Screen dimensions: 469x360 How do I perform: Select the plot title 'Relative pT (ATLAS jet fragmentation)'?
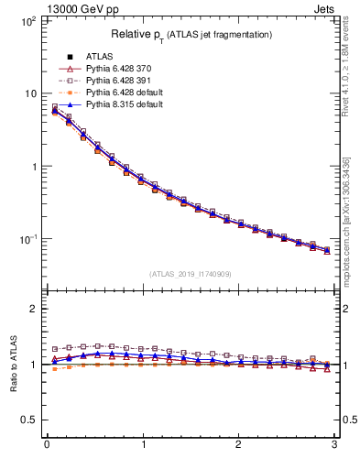tap(192, 34)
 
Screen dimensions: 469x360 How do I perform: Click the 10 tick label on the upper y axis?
tap(29, 93)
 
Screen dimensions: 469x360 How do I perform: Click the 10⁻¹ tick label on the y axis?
tap(27, 239)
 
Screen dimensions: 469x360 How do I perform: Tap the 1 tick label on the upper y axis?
tap(33, 167)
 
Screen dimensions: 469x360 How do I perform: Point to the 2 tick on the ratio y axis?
tap(33, 309)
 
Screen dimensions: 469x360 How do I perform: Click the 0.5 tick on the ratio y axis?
tap(29, 420)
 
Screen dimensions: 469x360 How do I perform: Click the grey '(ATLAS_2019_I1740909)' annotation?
tap(191, 273)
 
